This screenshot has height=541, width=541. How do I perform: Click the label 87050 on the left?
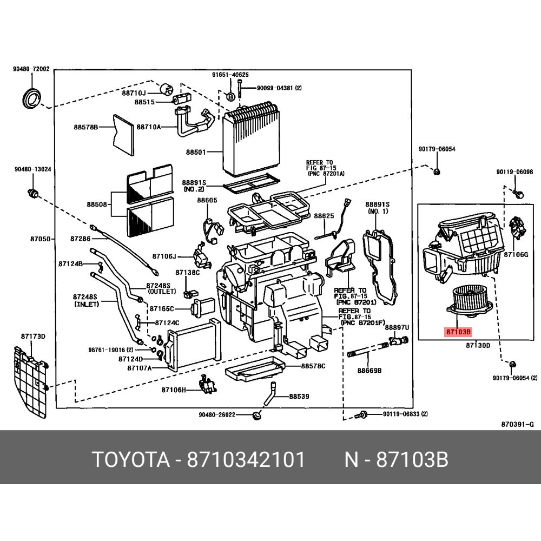pyautogui.click(x=41, y=239)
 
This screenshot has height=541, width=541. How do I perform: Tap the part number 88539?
pyautogui.click(x=299, y=397)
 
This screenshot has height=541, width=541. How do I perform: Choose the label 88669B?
pyautogui.click(x=369, y=371)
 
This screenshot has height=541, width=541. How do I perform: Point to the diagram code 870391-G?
pyautogui.click(x=517, y=424)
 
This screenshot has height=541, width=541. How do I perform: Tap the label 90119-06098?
pyautogui.click(x=514, y=172)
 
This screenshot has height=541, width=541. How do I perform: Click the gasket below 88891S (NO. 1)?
pyautogui.click(x=381, y=260)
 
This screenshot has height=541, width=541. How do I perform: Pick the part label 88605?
pyautogui.click(x=207, y=200)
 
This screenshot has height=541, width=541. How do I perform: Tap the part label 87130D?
pyautogui.click(x=479, y=345)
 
